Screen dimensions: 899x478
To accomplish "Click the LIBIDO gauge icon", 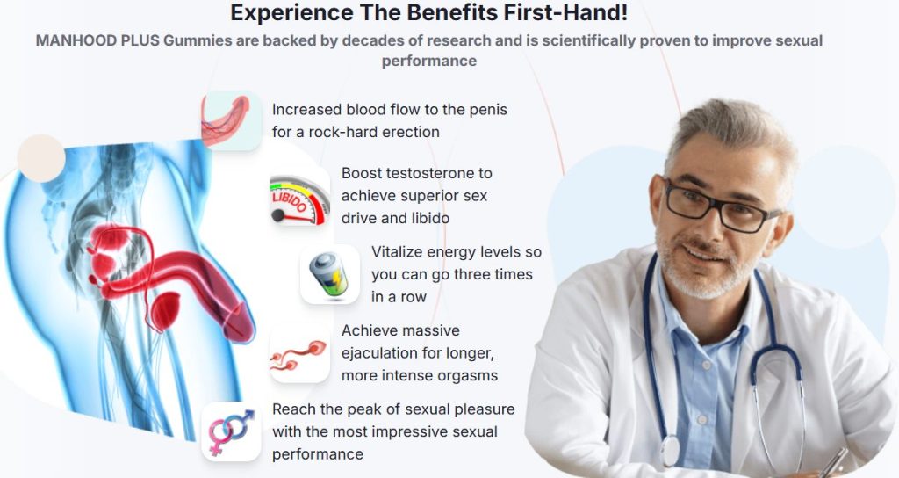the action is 300,200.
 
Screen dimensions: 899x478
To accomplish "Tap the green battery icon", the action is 329,274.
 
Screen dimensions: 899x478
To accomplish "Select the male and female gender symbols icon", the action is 231,431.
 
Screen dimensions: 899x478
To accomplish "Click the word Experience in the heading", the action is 291,12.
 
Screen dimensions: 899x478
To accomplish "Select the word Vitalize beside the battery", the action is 397,252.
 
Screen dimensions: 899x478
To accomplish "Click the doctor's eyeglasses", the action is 720,206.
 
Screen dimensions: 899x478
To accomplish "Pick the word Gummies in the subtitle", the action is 190,40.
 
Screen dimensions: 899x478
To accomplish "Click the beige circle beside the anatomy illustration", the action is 40,158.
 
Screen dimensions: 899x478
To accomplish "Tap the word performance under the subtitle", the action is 428,61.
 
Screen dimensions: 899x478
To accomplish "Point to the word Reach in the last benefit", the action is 290,409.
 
